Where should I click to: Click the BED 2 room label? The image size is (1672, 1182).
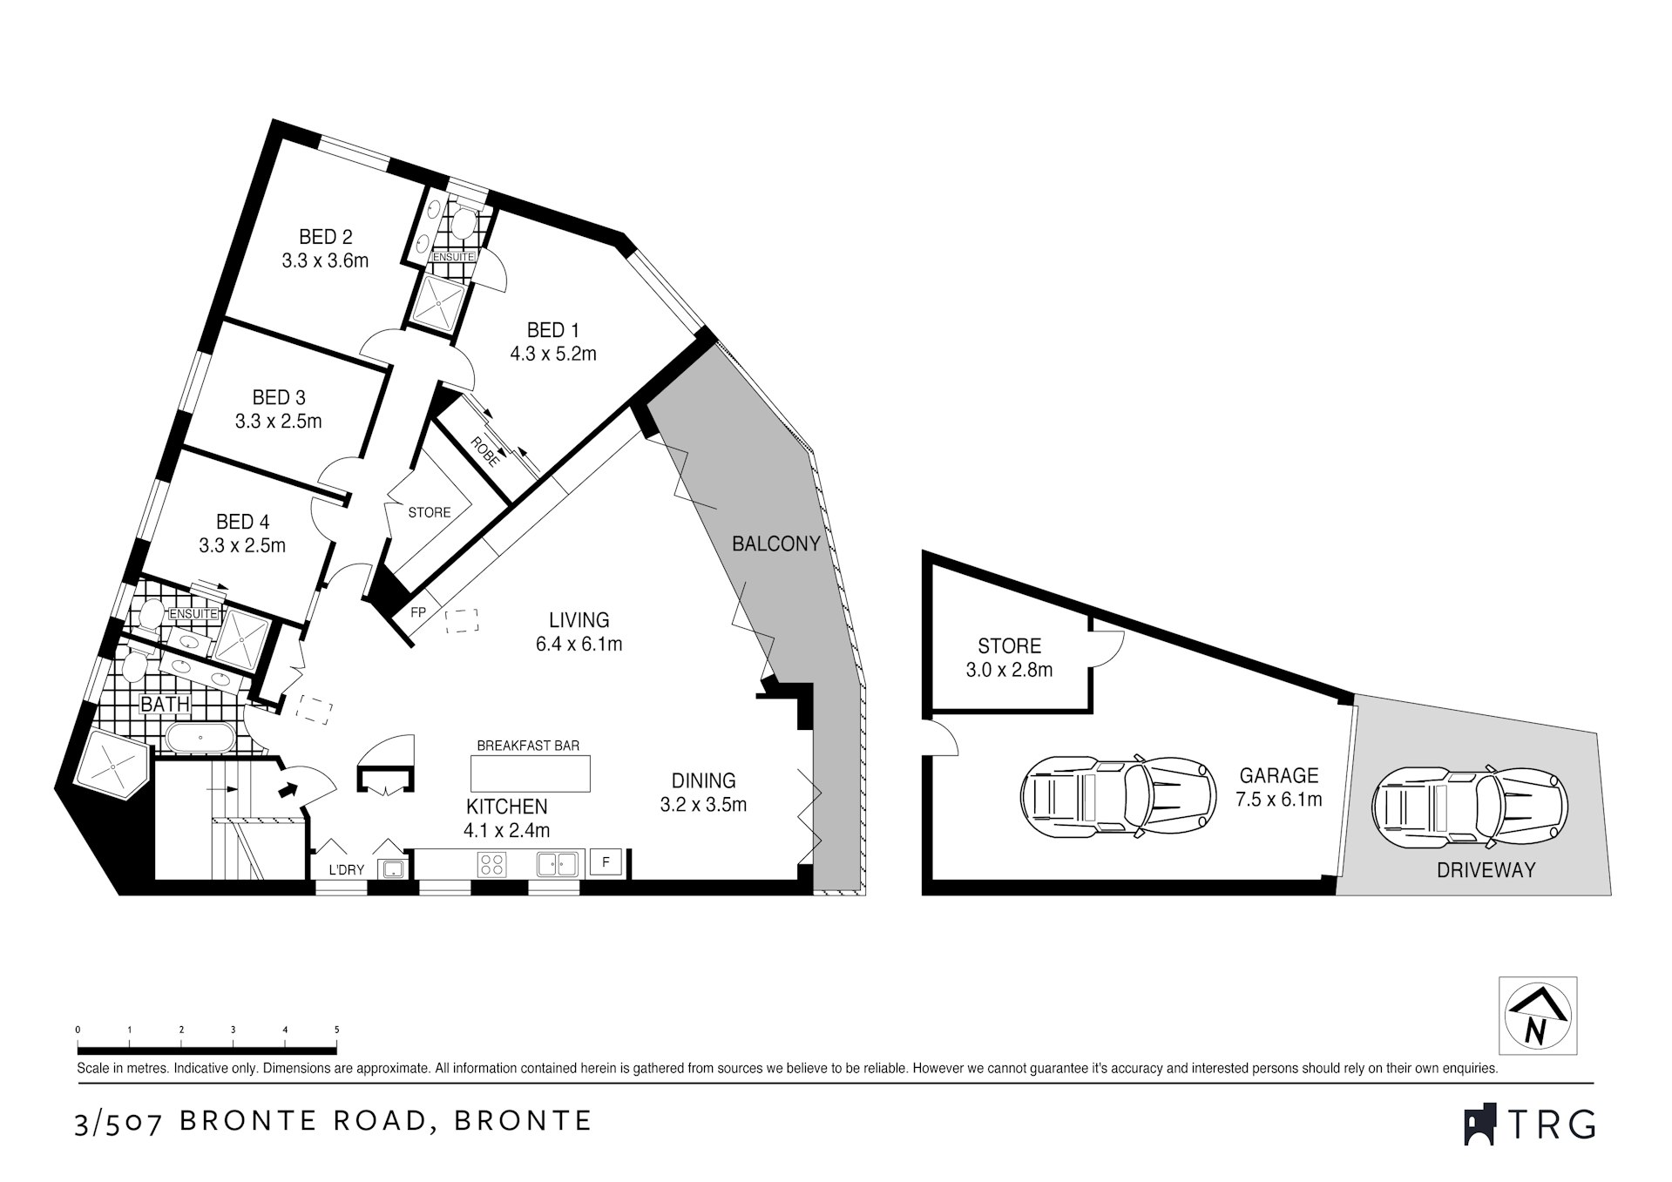pos(325,237)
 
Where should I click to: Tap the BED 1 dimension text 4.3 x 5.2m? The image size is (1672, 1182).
pos(552,354)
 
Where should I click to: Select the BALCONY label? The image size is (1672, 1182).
pos(775,544)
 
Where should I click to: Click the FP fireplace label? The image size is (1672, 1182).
pos(418,612)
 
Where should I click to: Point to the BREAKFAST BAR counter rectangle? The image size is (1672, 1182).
pos(530,773)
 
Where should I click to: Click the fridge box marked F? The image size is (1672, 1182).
pos(606,862)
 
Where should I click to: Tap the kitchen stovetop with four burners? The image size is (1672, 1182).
pos(491,864)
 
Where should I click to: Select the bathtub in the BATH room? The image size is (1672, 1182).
pos(200,739)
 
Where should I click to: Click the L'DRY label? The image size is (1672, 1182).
pos(346,869)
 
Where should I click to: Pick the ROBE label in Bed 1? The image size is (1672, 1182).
pos(485,451)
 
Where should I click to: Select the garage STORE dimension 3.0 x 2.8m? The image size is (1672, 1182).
pos(1009,670)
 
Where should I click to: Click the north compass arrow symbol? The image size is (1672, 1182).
pos(1537,1016)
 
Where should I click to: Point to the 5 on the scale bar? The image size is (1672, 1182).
pos(337,1030)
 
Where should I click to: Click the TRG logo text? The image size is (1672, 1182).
pos(1551,1124)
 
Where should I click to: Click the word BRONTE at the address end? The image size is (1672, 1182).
pos(524,1120)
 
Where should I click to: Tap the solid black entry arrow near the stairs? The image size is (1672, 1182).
pos(287,789)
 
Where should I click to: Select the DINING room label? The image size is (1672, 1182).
pos(703,780)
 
